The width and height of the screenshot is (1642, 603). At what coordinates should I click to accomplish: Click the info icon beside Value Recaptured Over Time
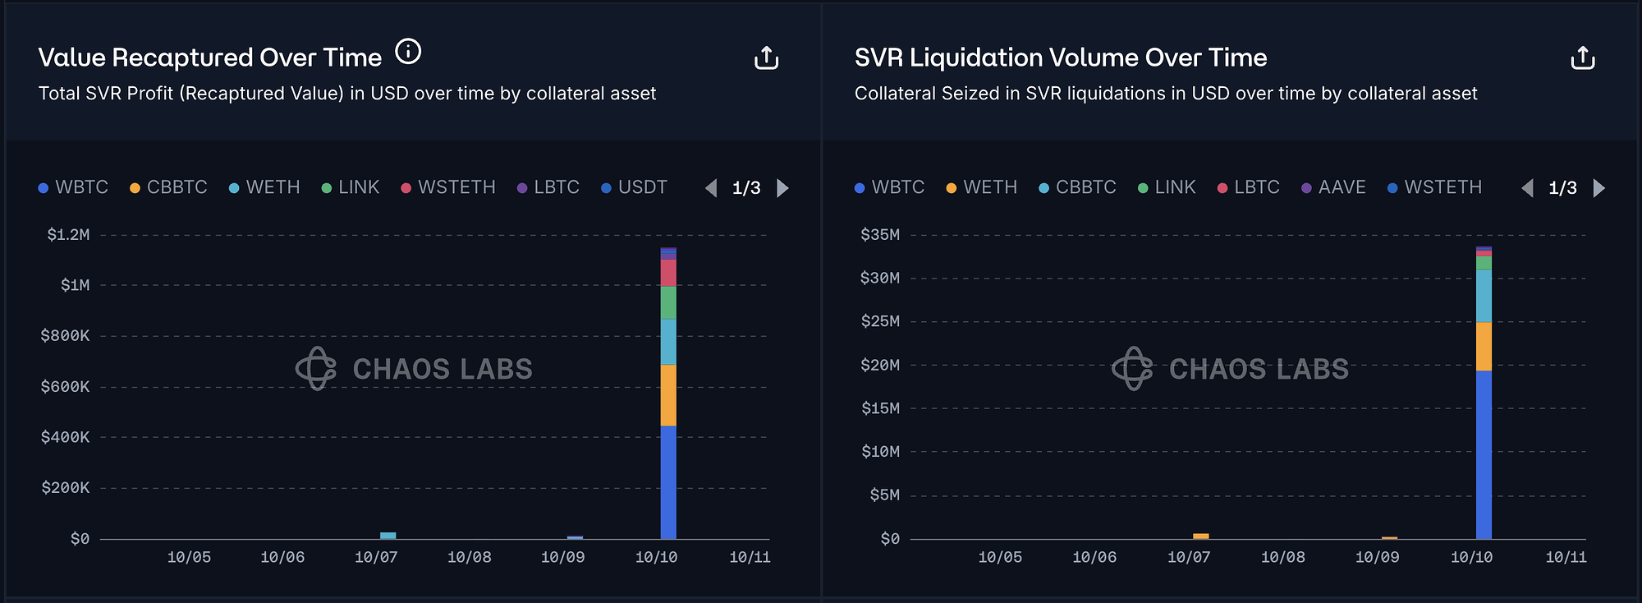(408, 52)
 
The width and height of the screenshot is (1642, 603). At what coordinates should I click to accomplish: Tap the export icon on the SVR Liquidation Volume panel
(1582, 58)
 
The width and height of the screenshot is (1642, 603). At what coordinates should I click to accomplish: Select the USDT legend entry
(634, 187)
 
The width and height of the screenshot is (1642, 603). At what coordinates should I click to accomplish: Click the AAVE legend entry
(1333, 187)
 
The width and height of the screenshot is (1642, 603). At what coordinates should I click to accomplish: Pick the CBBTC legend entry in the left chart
(168, 187)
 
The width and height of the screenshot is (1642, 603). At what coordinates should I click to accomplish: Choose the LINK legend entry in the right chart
(1167, 187)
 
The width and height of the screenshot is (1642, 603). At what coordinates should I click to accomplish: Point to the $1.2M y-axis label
(68, 235)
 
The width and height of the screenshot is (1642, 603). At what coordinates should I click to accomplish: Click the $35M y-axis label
(879, 235)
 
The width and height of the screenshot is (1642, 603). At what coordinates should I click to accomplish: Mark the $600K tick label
(65, 386)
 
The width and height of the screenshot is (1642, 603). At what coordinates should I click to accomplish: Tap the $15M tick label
(879, 408)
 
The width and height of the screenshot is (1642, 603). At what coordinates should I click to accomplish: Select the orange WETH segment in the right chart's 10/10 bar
(1484, 346)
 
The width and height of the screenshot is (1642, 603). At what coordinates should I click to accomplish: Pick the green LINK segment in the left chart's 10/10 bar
(668, 302)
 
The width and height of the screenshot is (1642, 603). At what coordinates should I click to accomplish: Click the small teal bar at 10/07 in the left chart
(388, 536)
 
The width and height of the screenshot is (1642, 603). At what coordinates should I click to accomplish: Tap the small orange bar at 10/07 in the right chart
(1200, 536)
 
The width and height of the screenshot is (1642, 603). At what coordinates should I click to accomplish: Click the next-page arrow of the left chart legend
(783, 188)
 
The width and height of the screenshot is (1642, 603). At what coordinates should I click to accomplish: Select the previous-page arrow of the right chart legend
(1527, 188)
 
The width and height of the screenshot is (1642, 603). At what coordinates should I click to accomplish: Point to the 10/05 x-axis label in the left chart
(189, 557)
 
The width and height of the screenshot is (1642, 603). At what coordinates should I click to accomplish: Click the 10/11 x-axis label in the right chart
(1566, 557)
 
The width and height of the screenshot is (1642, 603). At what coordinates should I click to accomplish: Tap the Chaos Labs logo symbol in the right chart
(1132, 368)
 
